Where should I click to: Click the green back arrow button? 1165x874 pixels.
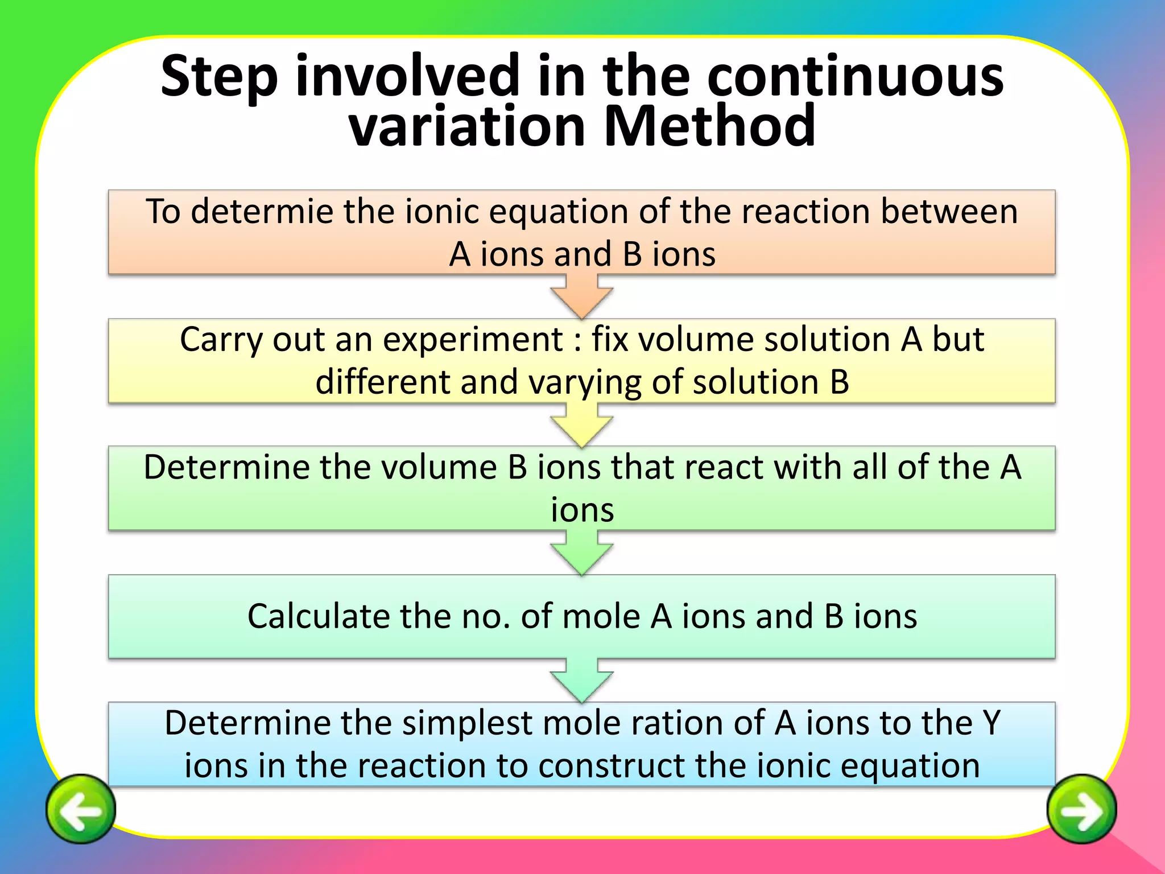(x=81, y=809)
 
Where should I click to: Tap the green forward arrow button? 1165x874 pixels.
(x=1081, y=809)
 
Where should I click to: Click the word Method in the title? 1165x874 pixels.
(x=709, y=126)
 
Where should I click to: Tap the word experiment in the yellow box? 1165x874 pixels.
(x=473, y=340)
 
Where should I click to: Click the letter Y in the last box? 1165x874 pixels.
(x=992, y=723)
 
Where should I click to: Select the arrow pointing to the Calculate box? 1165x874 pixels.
(x=581, y=554)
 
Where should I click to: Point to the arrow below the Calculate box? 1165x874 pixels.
(x=581, y=681)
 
